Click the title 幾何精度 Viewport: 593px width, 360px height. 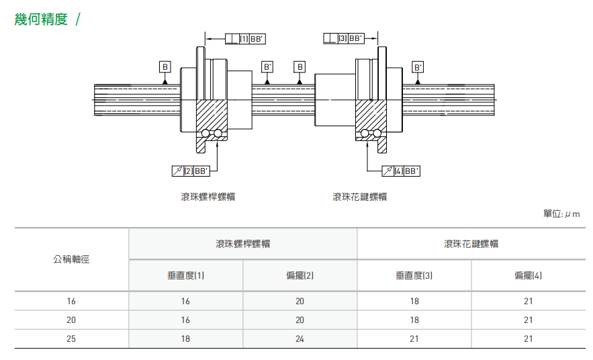tap(42, 19)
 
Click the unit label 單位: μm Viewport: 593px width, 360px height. tap(561, 214)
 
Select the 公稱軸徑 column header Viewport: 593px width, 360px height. tap(71, 259)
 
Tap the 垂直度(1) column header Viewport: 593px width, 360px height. tap(185, 275)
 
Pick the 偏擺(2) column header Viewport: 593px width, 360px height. tap(300, 275)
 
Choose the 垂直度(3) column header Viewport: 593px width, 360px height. tap(414, 275)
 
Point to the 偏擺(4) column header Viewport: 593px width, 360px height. tap(529, 275)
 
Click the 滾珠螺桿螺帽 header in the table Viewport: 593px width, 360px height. tap(242, 244)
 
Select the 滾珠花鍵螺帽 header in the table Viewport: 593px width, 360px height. tap(471, 244)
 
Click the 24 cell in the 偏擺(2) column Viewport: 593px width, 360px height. tap(300, 339)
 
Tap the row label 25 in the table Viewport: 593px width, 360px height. tap(71, 339)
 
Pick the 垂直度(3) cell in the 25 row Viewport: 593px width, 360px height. tap(414, 339)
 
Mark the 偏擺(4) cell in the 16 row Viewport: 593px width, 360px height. tap(529, 301)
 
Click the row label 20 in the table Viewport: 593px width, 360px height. tap(71, 320)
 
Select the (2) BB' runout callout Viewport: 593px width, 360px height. tap(191, 171)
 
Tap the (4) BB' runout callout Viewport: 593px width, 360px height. tap(401, 171)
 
